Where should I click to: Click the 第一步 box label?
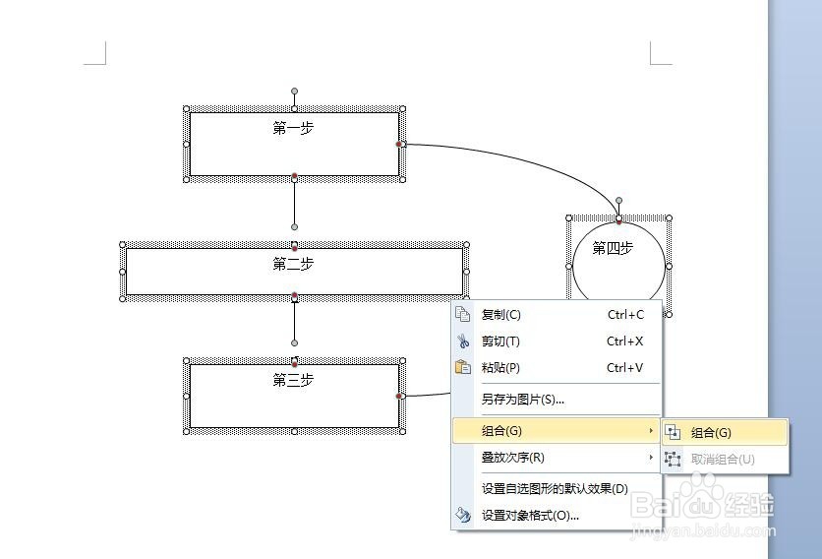[293, 129]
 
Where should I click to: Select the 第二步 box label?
[293, 265]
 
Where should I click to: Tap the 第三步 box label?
[293, 381]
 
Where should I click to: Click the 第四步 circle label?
[613, 249]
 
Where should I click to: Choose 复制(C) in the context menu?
[501, 315]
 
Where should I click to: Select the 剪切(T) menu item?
[500, 342]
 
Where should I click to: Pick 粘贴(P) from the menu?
[500, 368]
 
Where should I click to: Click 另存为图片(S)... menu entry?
[523, 400]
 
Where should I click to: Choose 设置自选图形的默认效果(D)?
[555, 489]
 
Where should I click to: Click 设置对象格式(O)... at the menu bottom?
[530, 516]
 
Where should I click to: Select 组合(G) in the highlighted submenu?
[712, 433]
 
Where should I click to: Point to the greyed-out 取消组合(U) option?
[723, 460]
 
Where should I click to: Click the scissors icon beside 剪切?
[463, 342]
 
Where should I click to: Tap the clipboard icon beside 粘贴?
[463, 368]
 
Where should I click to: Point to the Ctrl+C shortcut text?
[625, 315]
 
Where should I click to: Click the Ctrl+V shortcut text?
[625, 368]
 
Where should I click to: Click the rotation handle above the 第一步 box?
[294, 92]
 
